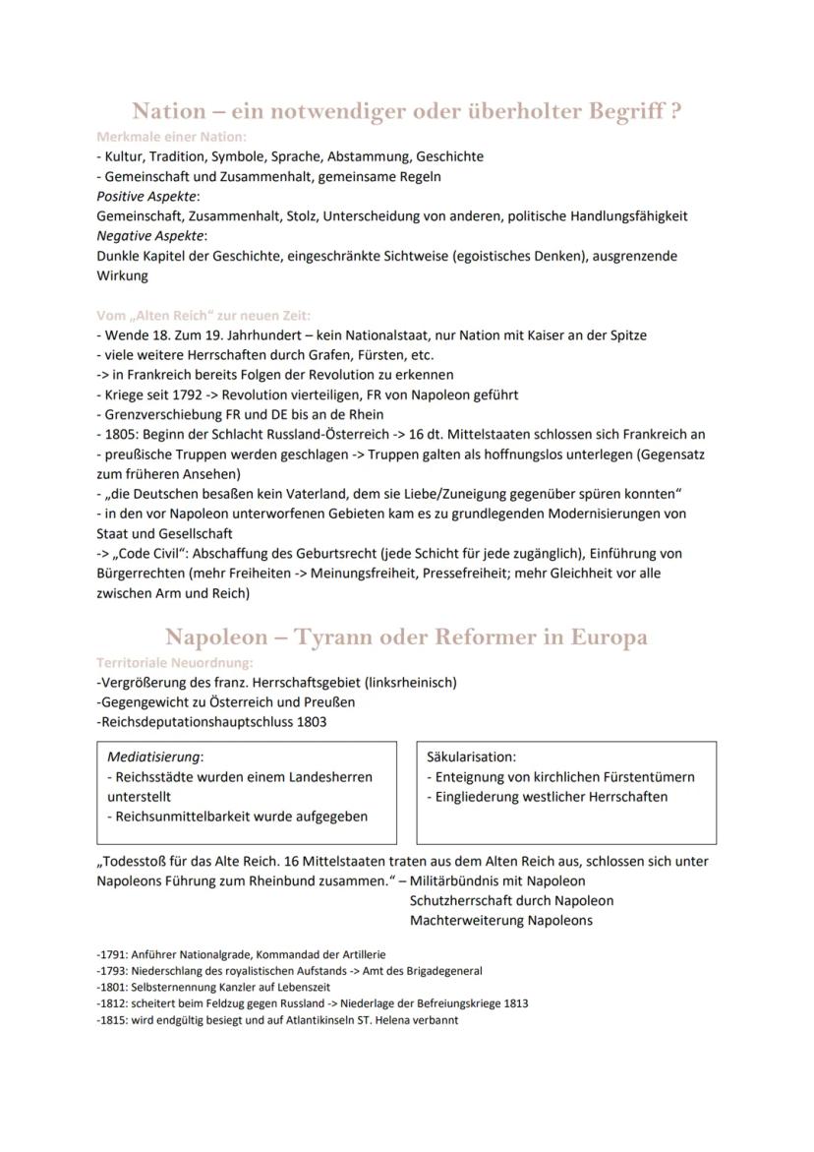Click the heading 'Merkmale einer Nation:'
click(x=171, y=136)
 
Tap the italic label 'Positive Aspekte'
click(x=146, y=196)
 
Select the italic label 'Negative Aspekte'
click(x=149, y=235)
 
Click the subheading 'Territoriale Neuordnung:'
click(x=174, y=662)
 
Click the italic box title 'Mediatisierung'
click(x=153, y=757)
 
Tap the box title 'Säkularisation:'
click(x=471, y=757)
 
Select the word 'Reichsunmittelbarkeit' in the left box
click(x=183, y=816)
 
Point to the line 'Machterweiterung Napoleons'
click(x=500, y=920)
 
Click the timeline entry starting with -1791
click(x=241, y=954)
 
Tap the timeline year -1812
click(x=112, y=1003)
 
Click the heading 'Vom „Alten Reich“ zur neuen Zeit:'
click(x=203, y=315)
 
